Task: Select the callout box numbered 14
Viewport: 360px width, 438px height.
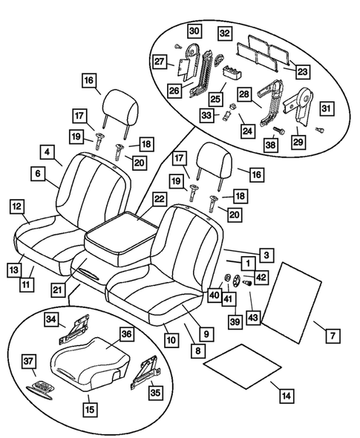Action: point(286,394)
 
